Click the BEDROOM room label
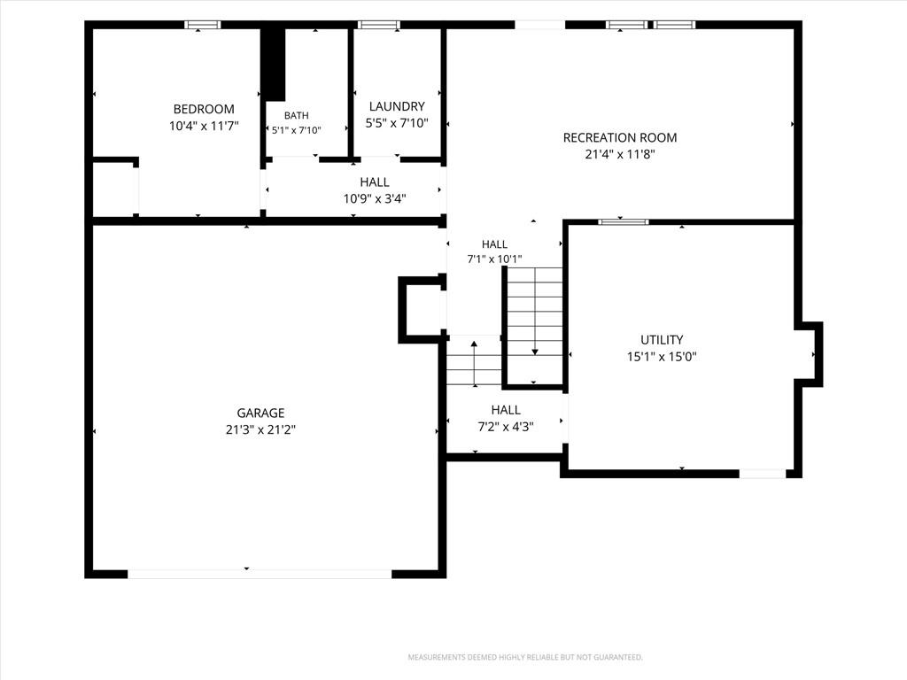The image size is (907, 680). pyautogui.click(x=204, y=109)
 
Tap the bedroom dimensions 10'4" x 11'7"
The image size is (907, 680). pyautogui.click(x=204, y=126)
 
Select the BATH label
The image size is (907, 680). pyautogui.click(x=296, y=116)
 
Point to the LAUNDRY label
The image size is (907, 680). pyautogui.click(x=397, y=106)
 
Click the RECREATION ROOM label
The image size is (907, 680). pyautogui.click(x=619, y=137)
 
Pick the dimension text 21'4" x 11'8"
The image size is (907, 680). pyautogui.click(x=619, y=154)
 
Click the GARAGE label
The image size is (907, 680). pyautogui.click(x=260, y=413)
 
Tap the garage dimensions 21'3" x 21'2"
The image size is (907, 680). pyautogui.click(x=260, y=429)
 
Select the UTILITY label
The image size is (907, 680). pyautogui.click(x=662, y=339)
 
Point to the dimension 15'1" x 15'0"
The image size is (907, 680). pyautogui.click(x=662, y=356)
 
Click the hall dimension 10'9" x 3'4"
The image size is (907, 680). pyautogui.click(x=375, y=199)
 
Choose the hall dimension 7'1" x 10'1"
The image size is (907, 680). pyautogui.click(x=494, y=259)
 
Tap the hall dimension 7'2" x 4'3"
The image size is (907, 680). pyautogui.click(x=506, y=427)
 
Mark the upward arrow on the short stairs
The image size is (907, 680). pyautogui.click(x=475, y=364)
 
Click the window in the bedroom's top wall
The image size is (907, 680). pyautogui.click(x=203, y=25)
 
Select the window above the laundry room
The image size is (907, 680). pyautogui.click(x=378, y=25)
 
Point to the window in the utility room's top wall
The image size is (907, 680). pyautogui.click(x=623, y=222)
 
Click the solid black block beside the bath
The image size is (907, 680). pyautogui.click(x=273, y=64)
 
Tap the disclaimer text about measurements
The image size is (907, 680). pyautogui.click(x=525, y=658)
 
